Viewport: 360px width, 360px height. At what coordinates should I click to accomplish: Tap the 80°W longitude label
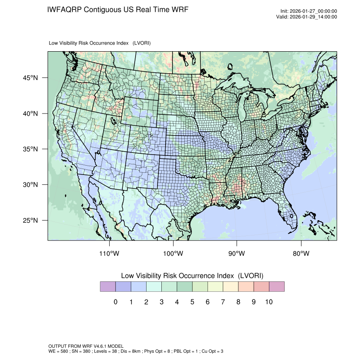[301, 253]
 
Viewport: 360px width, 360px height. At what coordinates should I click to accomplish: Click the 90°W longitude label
[237, 253]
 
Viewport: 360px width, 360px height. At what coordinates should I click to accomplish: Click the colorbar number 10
[269, 302]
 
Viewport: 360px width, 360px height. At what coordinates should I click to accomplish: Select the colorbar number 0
[115, 302]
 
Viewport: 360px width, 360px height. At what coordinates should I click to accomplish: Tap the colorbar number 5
[192, 302]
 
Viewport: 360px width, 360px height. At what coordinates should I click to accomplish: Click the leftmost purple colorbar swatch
[108, 287]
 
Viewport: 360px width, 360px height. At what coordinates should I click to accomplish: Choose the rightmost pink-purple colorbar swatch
[277, 287]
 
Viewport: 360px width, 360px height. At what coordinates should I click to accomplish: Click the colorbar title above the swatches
[192, 276]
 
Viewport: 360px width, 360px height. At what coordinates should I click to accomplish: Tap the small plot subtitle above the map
[100, 43]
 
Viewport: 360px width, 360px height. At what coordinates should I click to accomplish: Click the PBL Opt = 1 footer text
[183, 351]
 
